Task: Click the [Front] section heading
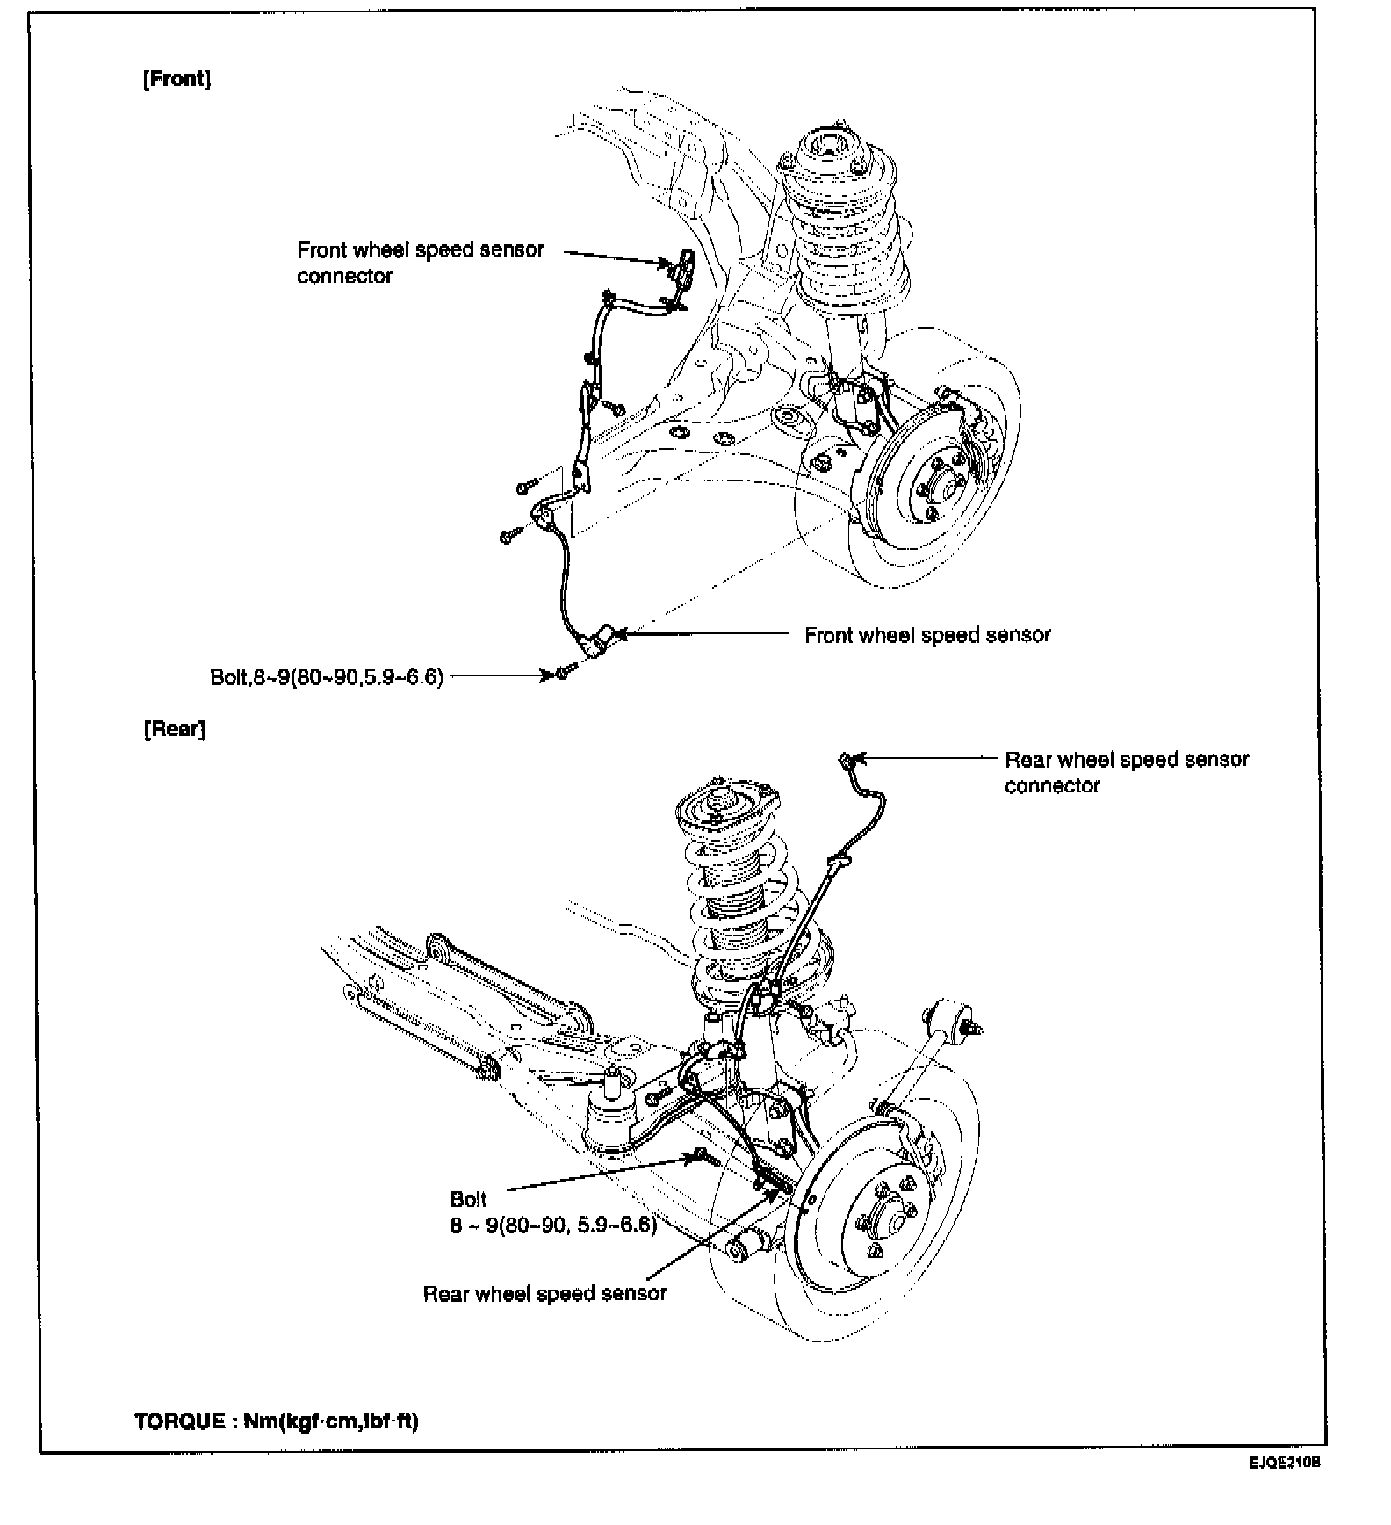pyautogui.click(x=177, y=79)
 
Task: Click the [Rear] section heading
pyautogui.click(x=174, y=729)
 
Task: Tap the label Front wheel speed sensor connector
pyautogui.click(x=420, y=262)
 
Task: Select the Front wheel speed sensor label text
pyautogui.click(x=927, y=635)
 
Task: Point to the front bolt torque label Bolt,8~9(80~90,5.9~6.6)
pyautogui.click(x=327, y=676)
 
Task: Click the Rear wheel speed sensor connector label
pyautogui.click(x=1126, y=772)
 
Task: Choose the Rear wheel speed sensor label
pyautogui.click(x=544, y=1294)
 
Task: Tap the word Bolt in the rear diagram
pyautogui.click(x=468, y=1200)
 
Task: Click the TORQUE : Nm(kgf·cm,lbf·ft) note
pyautogui.click(x=277, y=1421)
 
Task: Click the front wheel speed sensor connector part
pyautogui.click(x=684, y=262)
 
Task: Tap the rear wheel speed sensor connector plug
pyautogui.click(x=847, y=758)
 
